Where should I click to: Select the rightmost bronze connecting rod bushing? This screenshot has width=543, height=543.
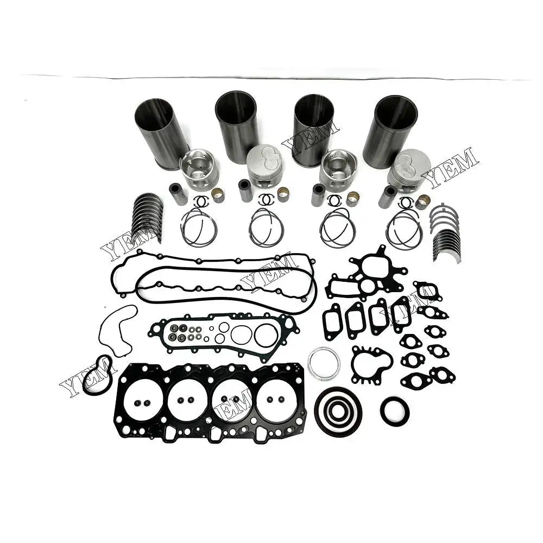(x=423, y=202)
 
